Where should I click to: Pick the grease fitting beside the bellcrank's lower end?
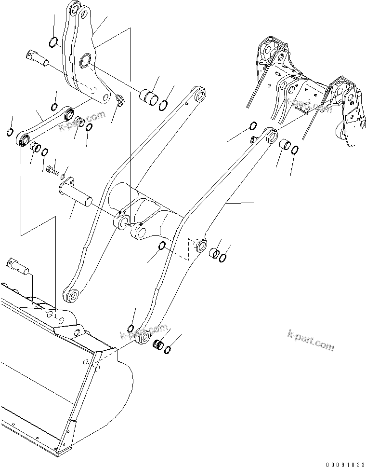click(119, 100)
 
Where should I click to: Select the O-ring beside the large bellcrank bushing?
click(164, 104)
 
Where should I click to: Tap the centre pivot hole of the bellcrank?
click(86, 60)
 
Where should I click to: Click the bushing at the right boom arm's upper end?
click(284, 144)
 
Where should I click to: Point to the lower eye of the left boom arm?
click(72, 294)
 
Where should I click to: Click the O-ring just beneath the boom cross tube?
click(163, 246)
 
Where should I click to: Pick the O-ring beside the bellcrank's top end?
click(54, 42)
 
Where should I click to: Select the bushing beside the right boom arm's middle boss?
click(214, 253)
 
